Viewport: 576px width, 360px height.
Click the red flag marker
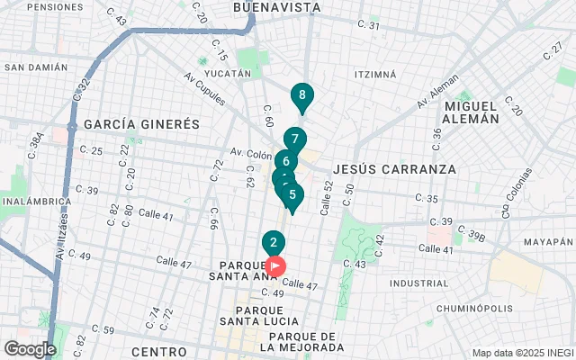(x=276, y=266)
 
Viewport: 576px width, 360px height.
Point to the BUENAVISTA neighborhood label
(x=276, y=7)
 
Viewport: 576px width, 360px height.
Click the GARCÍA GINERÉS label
(x=141, y=124)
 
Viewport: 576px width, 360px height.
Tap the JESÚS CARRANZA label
(x=394, y=168)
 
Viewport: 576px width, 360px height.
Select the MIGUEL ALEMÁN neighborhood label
(x=472, y=112)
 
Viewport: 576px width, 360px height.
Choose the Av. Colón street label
(x=250, y=152)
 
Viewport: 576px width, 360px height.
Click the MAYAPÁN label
(x=547, y=242)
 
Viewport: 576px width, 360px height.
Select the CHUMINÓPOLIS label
(x=474, y=308)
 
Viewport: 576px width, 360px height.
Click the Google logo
(x=30, y=349)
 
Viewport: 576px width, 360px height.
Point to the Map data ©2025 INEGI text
(x=522, y=353)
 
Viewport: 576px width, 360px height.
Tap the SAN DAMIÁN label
(x=36, y=67)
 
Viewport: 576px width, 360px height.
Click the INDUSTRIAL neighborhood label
(x=418, y=283)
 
